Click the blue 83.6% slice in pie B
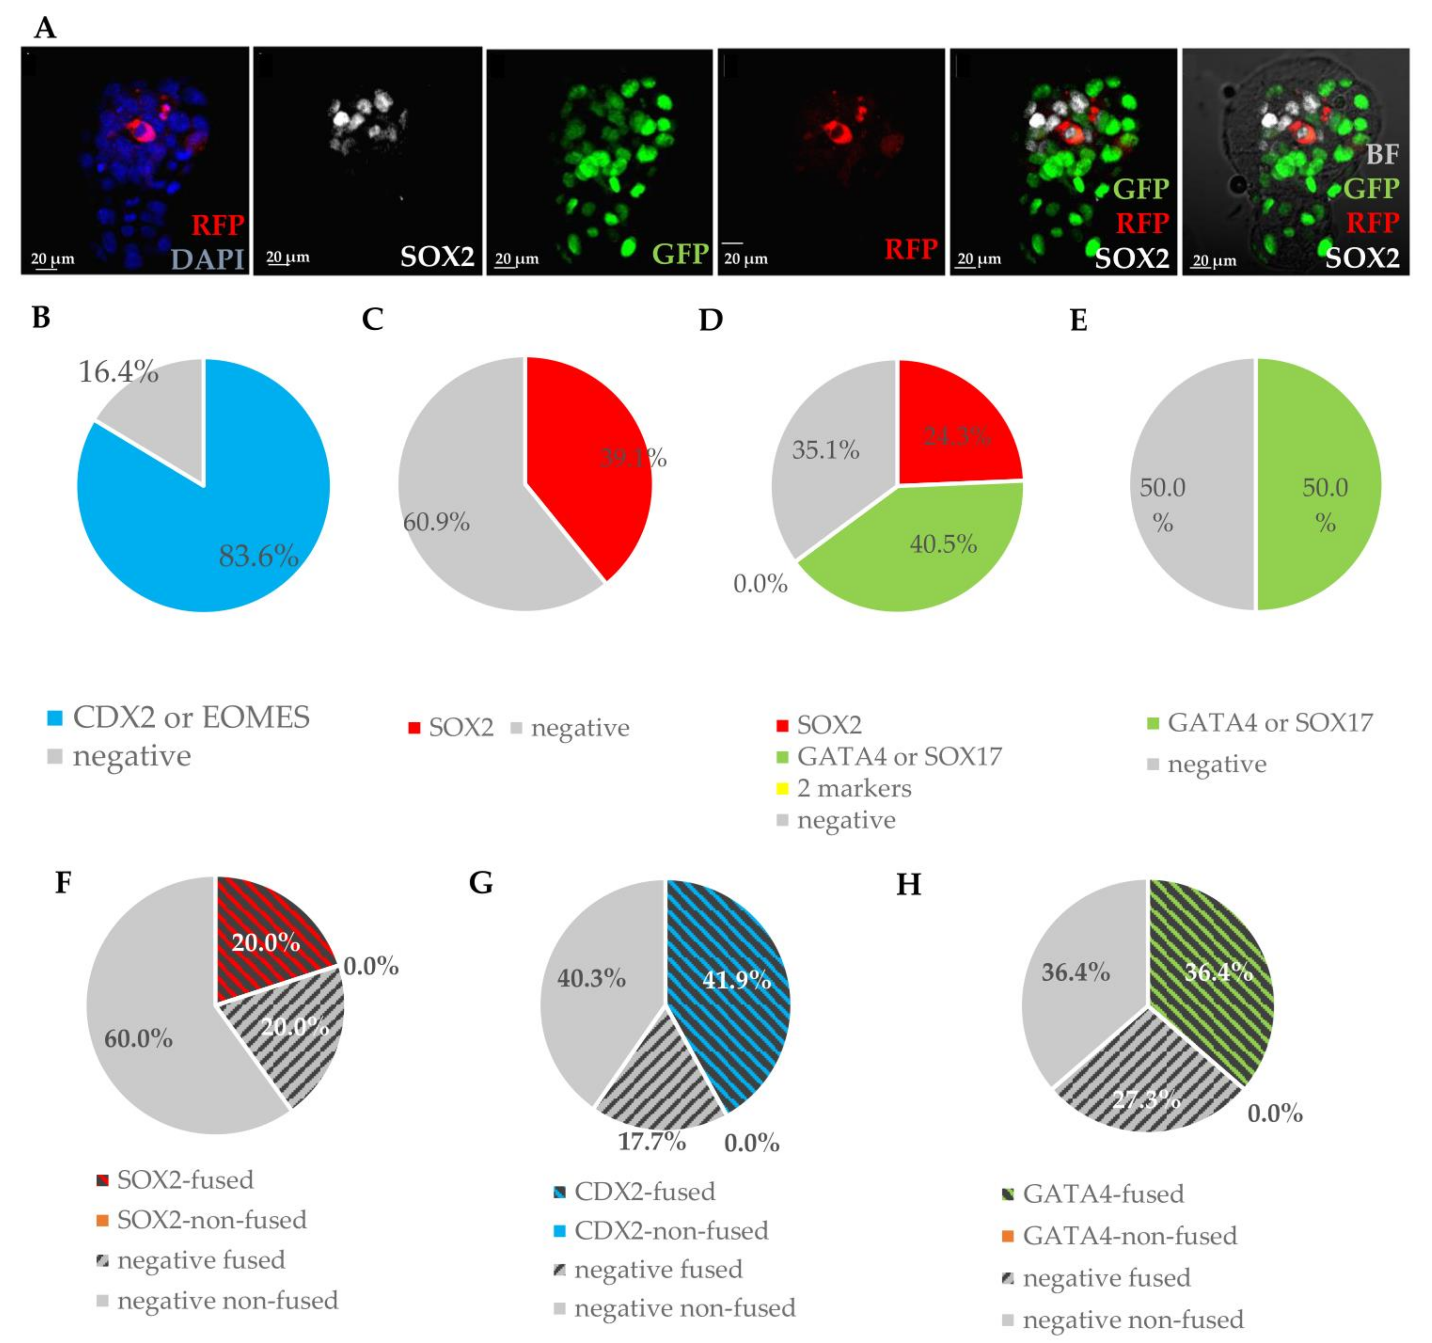[180, 533]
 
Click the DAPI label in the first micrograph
[208, 258]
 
